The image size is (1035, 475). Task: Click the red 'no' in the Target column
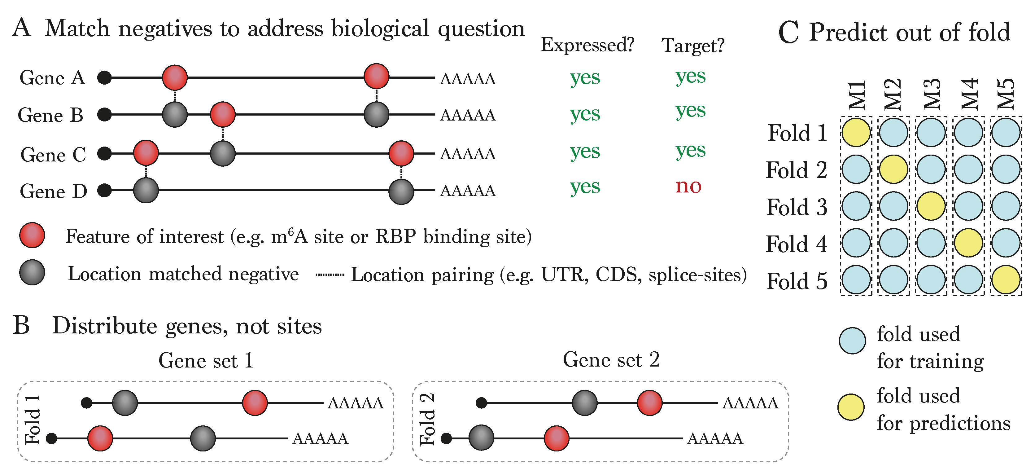pyautogui.click(x=688, y=186)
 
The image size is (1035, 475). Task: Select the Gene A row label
pyautogui.click(x=53, y=77)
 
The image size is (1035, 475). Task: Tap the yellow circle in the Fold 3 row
pyautogui.click(x=931, y=206)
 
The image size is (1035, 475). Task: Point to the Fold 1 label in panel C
pyautogui.click(x=797, y=133)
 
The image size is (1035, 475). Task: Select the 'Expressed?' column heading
pyautogui.click(x=587, y=45)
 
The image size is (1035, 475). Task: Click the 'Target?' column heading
pyautogui.click(x=693, y=46)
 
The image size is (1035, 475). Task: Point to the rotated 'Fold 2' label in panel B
pyautogui.click(x=427, y=420)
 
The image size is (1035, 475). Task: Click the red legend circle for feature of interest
pyautogui.click(x=32, y=235)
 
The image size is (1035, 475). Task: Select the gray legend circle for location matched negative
pyautogui.click(x=32, y=272)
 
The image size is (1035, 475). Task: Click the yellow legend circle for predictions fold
pyautogui.click(x=851, y=407)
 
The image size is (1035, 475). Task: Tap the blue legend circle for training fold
pyautogui.click(x=852, y=341)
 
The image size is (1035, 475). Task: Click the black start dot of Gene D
pyautogui.click(x=104, y=190)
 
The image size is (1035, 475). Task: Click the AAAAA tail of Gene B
pyautogui.click(x=468, y=115)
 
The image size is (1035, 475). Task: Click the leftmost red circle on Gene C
pyautogui.click(x=146, y=153)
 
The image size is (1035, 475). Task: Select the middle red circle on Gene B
pyautogui.click(x=223, y=115)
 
